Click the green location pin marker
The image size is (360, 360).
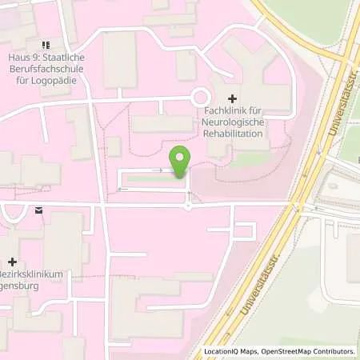(180, 162)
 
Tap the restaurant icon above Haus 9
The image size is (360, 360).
(46, 45)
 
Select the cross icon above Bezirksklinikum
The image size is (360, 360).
(11, 261)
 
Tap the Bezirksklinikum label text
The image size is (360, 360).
(34, 274)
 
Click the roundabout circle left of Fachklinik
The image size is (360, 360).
(198, 98)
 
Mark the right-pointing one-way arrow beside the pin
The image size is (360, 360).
(159, 170)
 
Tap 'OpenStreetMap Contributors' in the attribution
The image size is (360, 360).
(309, 351)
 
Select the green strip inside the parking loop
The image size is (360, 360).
(152, 180)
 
